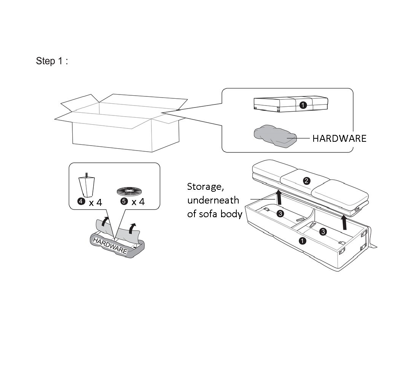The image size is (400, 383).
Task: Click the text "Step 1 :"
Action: (x=52, y=61)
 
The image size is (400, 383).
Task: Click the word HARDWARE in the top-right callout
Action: (x=339, y=138)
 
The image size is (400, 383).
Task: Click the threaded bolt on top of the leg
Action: (x=86, y=175)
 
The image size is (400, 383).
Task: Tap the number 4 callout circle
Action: (x=81, y=202)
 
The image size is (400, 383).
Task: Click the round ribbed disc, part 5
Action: (x=131, y=190)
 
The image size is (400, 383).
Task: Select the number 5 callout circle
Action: (x=123, y=202)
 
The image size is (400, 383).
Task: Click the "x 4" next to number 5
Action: (x=138, y=202)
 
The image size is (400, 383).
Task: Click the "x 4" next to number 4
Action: (x=96, y=202)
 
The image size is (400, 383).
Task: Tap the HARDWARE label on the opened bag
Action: (x=110, y=245)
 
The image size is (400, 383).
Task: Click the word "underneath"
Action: (x=213, y=200)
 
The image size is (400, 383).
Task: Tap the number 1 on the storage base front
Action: (x=302, y=240)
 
